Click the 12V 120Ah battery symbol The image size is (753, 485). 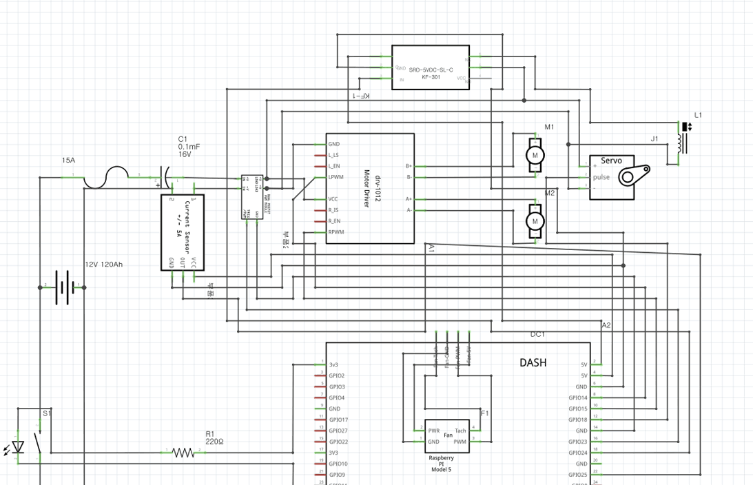(64, 287)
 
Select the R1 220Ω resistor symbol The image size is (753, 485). (183, 453)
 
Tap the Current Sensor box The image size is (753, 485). (183, 233)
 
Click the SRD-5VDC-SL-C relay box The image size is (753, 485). (431, 68)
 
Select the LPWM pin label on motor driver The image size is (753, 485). (336, 177)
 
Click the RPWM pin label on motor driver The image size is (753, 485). (336, 232)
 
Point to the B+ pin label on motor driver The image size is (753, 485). (409, 166)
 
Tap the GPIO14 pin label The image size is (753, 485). (578, 398)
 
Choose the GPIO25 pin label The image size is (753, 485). (578, 475)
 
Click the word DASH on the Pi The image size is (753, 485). (533, 362)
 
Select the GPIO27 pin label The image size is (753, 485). (338, 431)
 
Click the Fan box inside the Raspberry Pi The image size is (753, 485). (446, 436)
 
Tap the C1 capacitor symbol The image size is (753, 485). (165, 177)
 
